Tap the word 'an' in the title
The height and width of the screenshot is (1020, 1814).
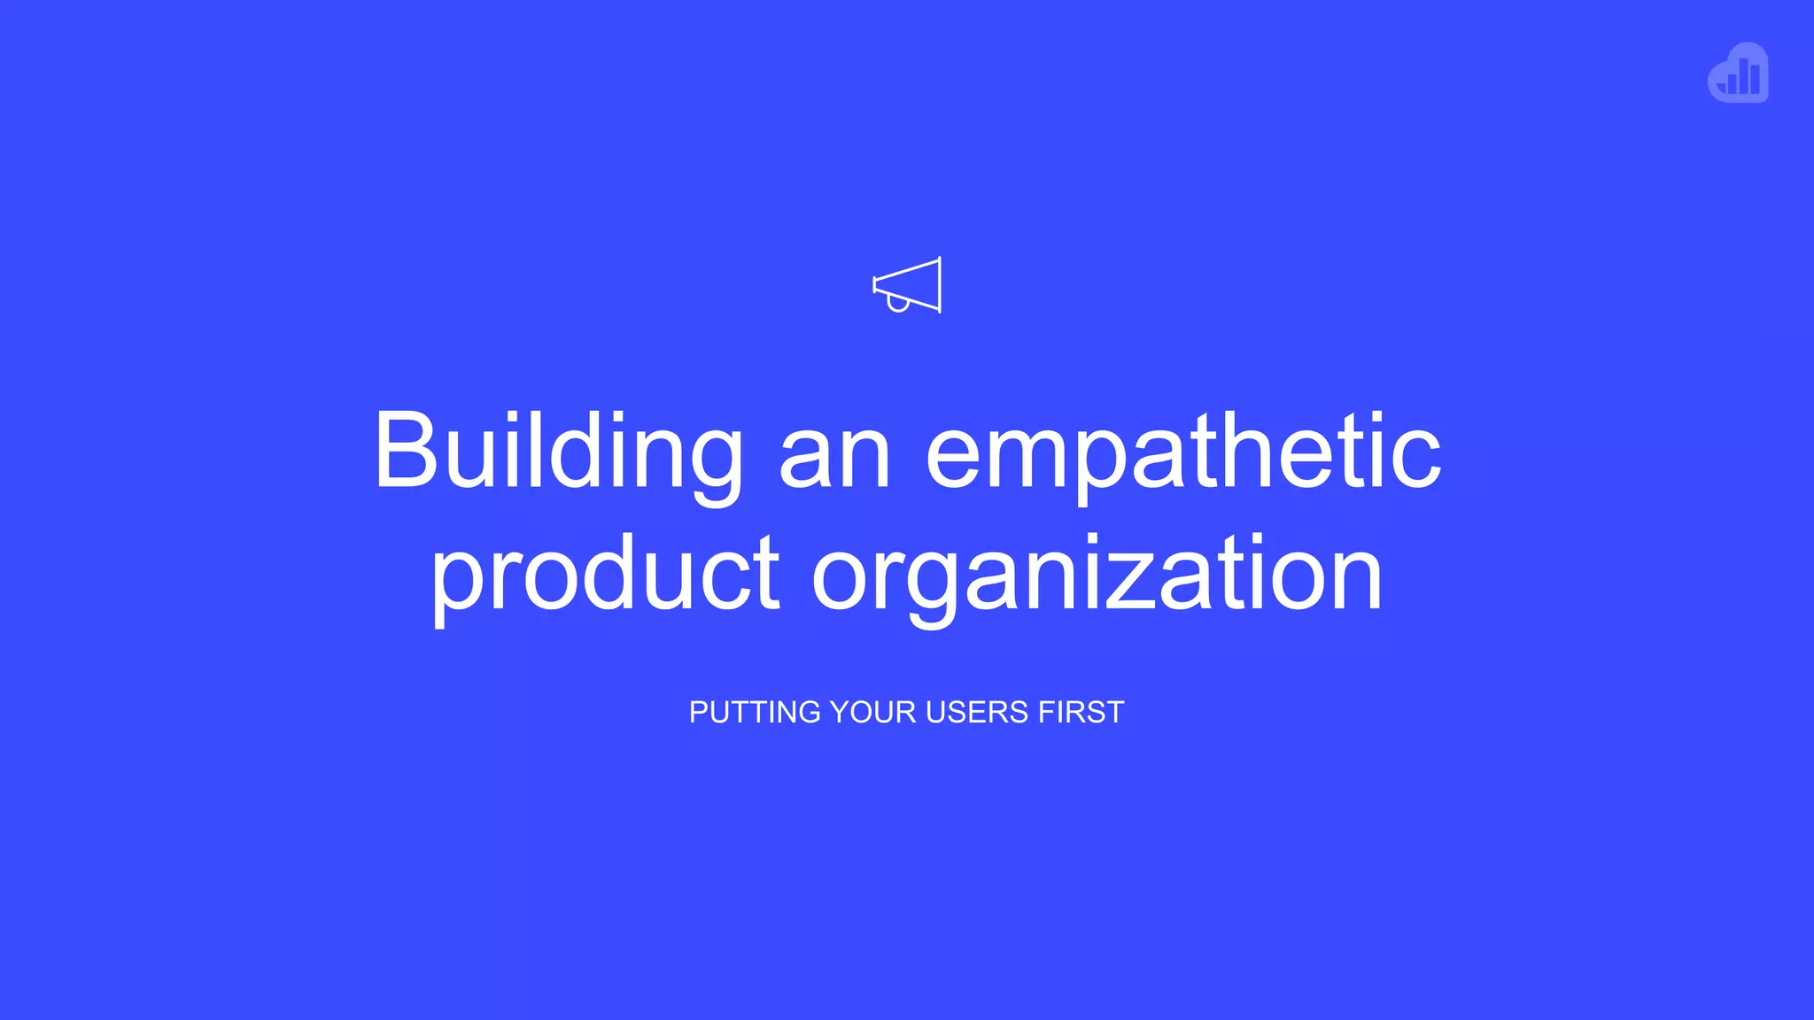pos(834,457)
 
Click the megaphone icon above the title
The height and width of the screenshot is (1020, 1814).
pos(907,285)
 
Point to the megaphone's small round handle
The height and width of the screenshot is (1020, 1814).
pos(898,305)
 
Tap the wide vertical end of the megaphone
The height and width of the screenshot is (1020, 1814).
pos(939,285)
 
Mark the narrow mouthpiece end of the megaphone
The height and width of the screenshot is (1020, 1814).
pos(875,285)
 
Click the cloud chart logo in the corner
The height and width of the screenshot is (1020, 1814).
pos(1738,73)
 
